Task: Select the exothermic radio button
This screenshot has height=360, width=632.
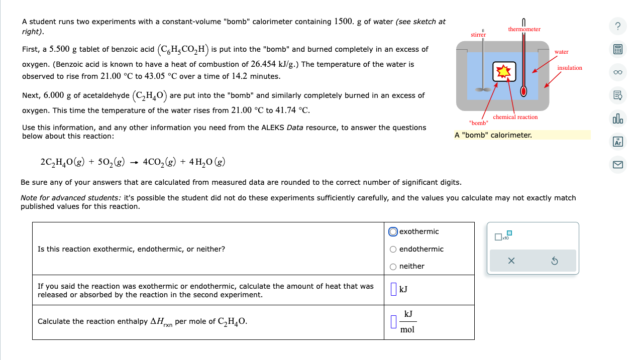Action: coord(393,231)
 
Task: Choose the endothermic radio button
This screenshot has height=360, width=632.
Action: coord(393,249)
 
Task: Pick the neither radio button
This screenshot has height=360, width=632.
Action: coord(393,266)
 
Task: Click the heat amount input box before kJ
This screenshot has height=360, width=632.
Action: coord(393,289)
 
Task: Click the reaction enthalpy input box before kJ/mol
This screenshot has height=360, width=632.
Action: coord(393,321)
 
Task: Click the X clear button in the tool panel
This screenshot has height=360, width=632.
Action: coord(511,261)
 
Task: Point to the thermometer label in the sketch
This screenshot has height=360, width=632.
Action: coord(524,30)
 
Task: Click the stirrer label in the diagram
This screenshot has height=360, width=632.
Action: coord(478,35)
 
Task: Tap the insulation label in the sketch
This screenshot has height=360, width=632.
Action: coord(570,68)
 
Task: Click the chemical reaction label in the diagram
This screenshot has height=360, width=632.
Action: coord(515,117)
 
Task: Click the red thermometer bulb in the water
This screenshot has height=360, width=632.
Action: coord(523,91)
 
